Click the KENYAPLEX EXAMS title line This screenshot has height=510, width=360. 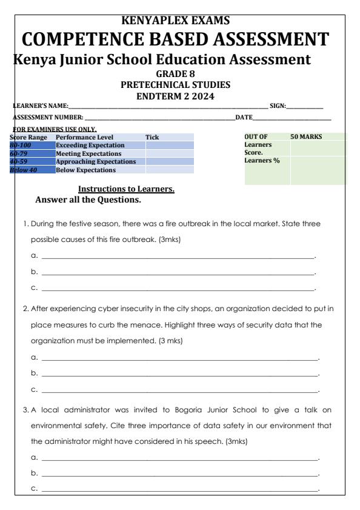coord(179,7)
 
